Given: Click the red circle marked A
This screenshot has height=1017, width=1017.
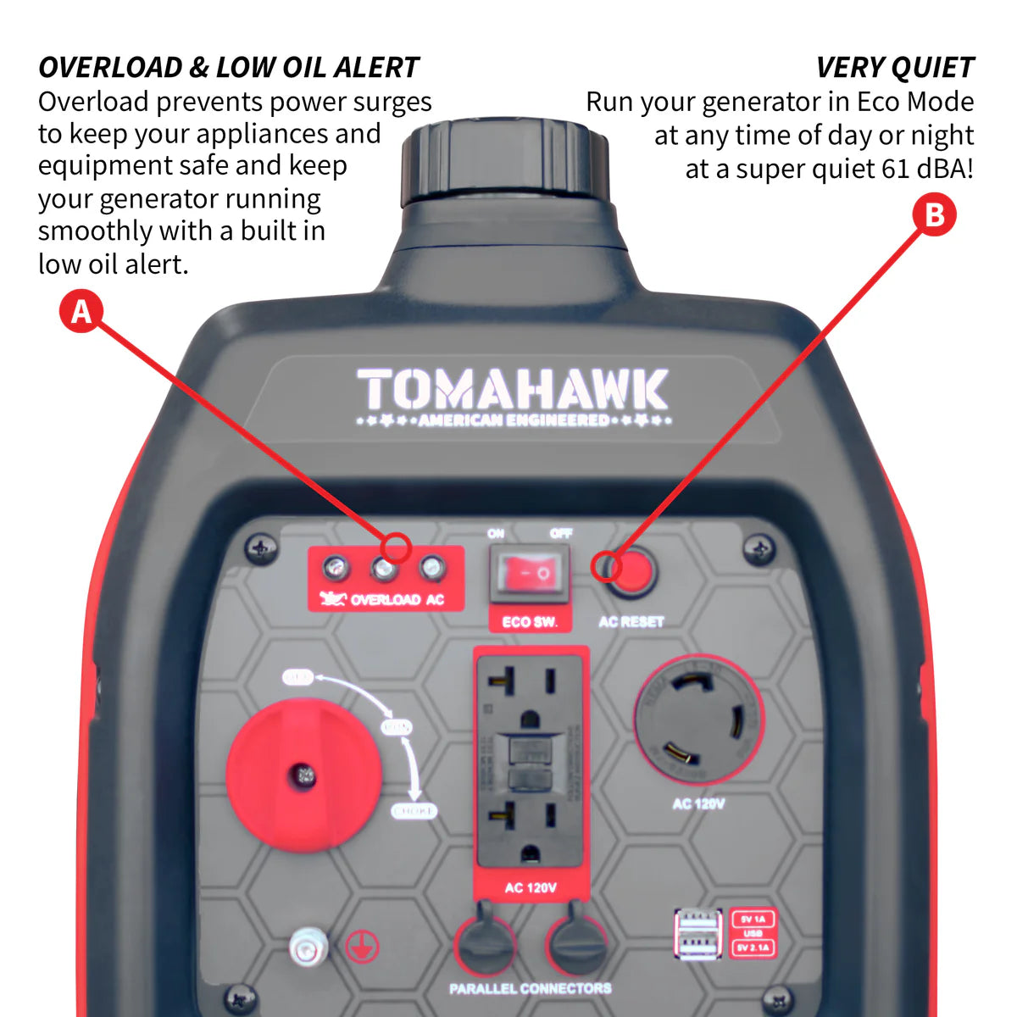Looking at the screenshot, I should point(81,311).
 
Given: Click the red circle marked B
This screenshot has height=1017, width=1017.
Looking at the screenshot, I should point(934,214).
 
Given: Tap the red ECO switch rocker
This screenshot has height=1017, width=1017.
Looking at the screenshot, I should point(530,573).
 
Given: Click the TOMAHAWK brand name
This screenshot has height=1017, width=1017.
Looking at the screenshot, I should point(513,390).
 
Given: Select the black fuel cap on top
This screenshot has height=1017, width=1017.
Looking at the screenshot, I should point(505,161).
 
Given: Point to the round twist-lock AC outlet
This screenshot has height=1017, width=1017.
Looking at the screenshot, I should point(698,720).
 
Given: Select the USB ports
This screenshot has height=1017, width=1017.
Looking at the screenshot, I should point(697,933).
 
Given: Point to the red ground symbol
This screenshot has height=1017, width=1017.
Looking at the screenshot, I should point(363,947).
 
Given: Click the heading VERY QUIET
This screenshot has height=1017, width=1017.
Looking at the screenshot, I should point(895,67).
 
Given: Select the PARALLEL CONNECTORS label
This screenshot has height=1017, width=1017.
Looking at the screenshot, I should point(531,988).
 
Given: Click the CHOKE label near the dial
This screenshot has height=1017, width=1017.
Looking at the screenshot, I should point(414,811).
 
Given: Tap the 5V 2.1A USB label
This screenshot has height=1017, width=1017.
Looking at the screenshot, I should point(753,947).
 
